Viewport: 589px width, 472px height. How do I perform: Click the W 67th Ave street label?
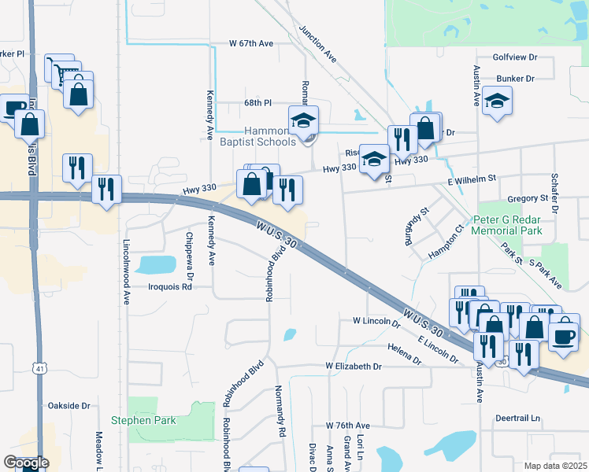pos(251,43)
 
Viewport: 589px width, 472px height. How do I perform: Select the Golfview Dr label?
pos(514,57)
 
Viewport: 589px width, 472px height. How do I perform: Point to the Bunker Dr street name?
pos(515,79)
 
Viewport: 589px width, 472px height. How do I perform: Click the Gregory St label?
pos(527,198)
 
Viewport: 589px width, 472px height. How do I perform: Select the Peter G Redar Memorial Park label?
pos(507,226)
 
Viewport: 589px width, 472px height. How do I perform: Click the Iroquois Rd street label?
pos(170,287)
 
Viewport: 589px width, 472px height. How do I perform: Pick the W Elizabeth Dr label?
pos(354,367)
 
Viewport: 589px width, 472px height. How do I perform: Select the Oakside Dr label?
pos(69,406)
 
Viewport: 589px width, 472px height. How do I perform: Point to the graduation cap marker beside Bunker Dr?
pos(497,101)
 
